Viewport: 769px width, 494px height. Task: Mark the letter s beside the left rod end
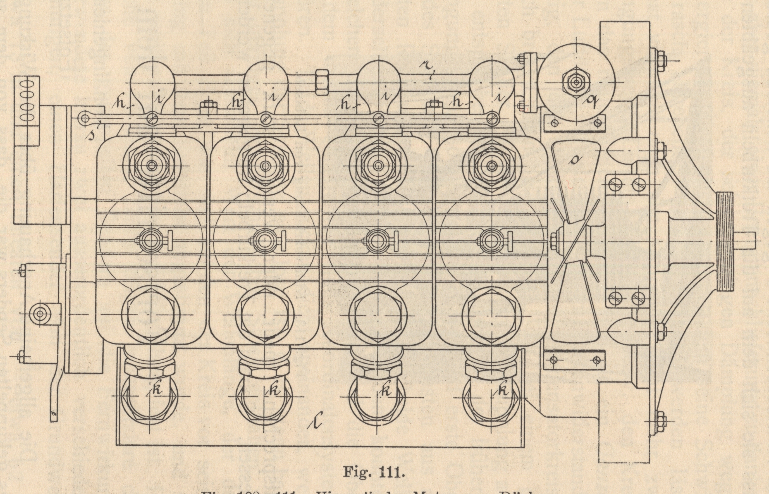[x=93, y=134]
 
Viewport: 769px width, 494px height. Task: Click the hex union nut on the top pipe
[x=322, y=82]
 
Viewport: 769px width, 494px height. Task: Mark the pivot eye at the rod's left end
[x=85, y=118]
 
